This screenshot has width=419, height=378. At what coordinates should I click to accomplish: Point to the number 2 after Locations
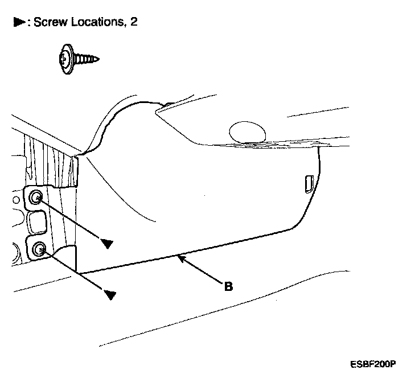click(134, 22)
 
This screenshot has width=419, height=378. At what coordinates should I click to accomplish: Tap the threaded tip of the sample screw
click(96, 57)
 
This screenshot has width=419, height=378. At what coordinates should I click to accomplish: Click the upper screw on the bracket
click(36, 198)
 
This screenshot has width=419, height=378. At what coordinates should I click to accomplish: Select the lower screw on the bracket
click(40, 249)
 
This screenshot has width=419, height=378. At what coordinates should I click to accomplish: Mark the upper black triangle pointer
click(106, 244)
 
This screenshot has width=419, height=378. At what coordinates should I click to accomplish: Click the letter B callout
click(228, 286)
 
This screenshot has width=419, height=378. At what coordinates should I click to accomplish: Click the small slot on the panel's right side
click(308, 183)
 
